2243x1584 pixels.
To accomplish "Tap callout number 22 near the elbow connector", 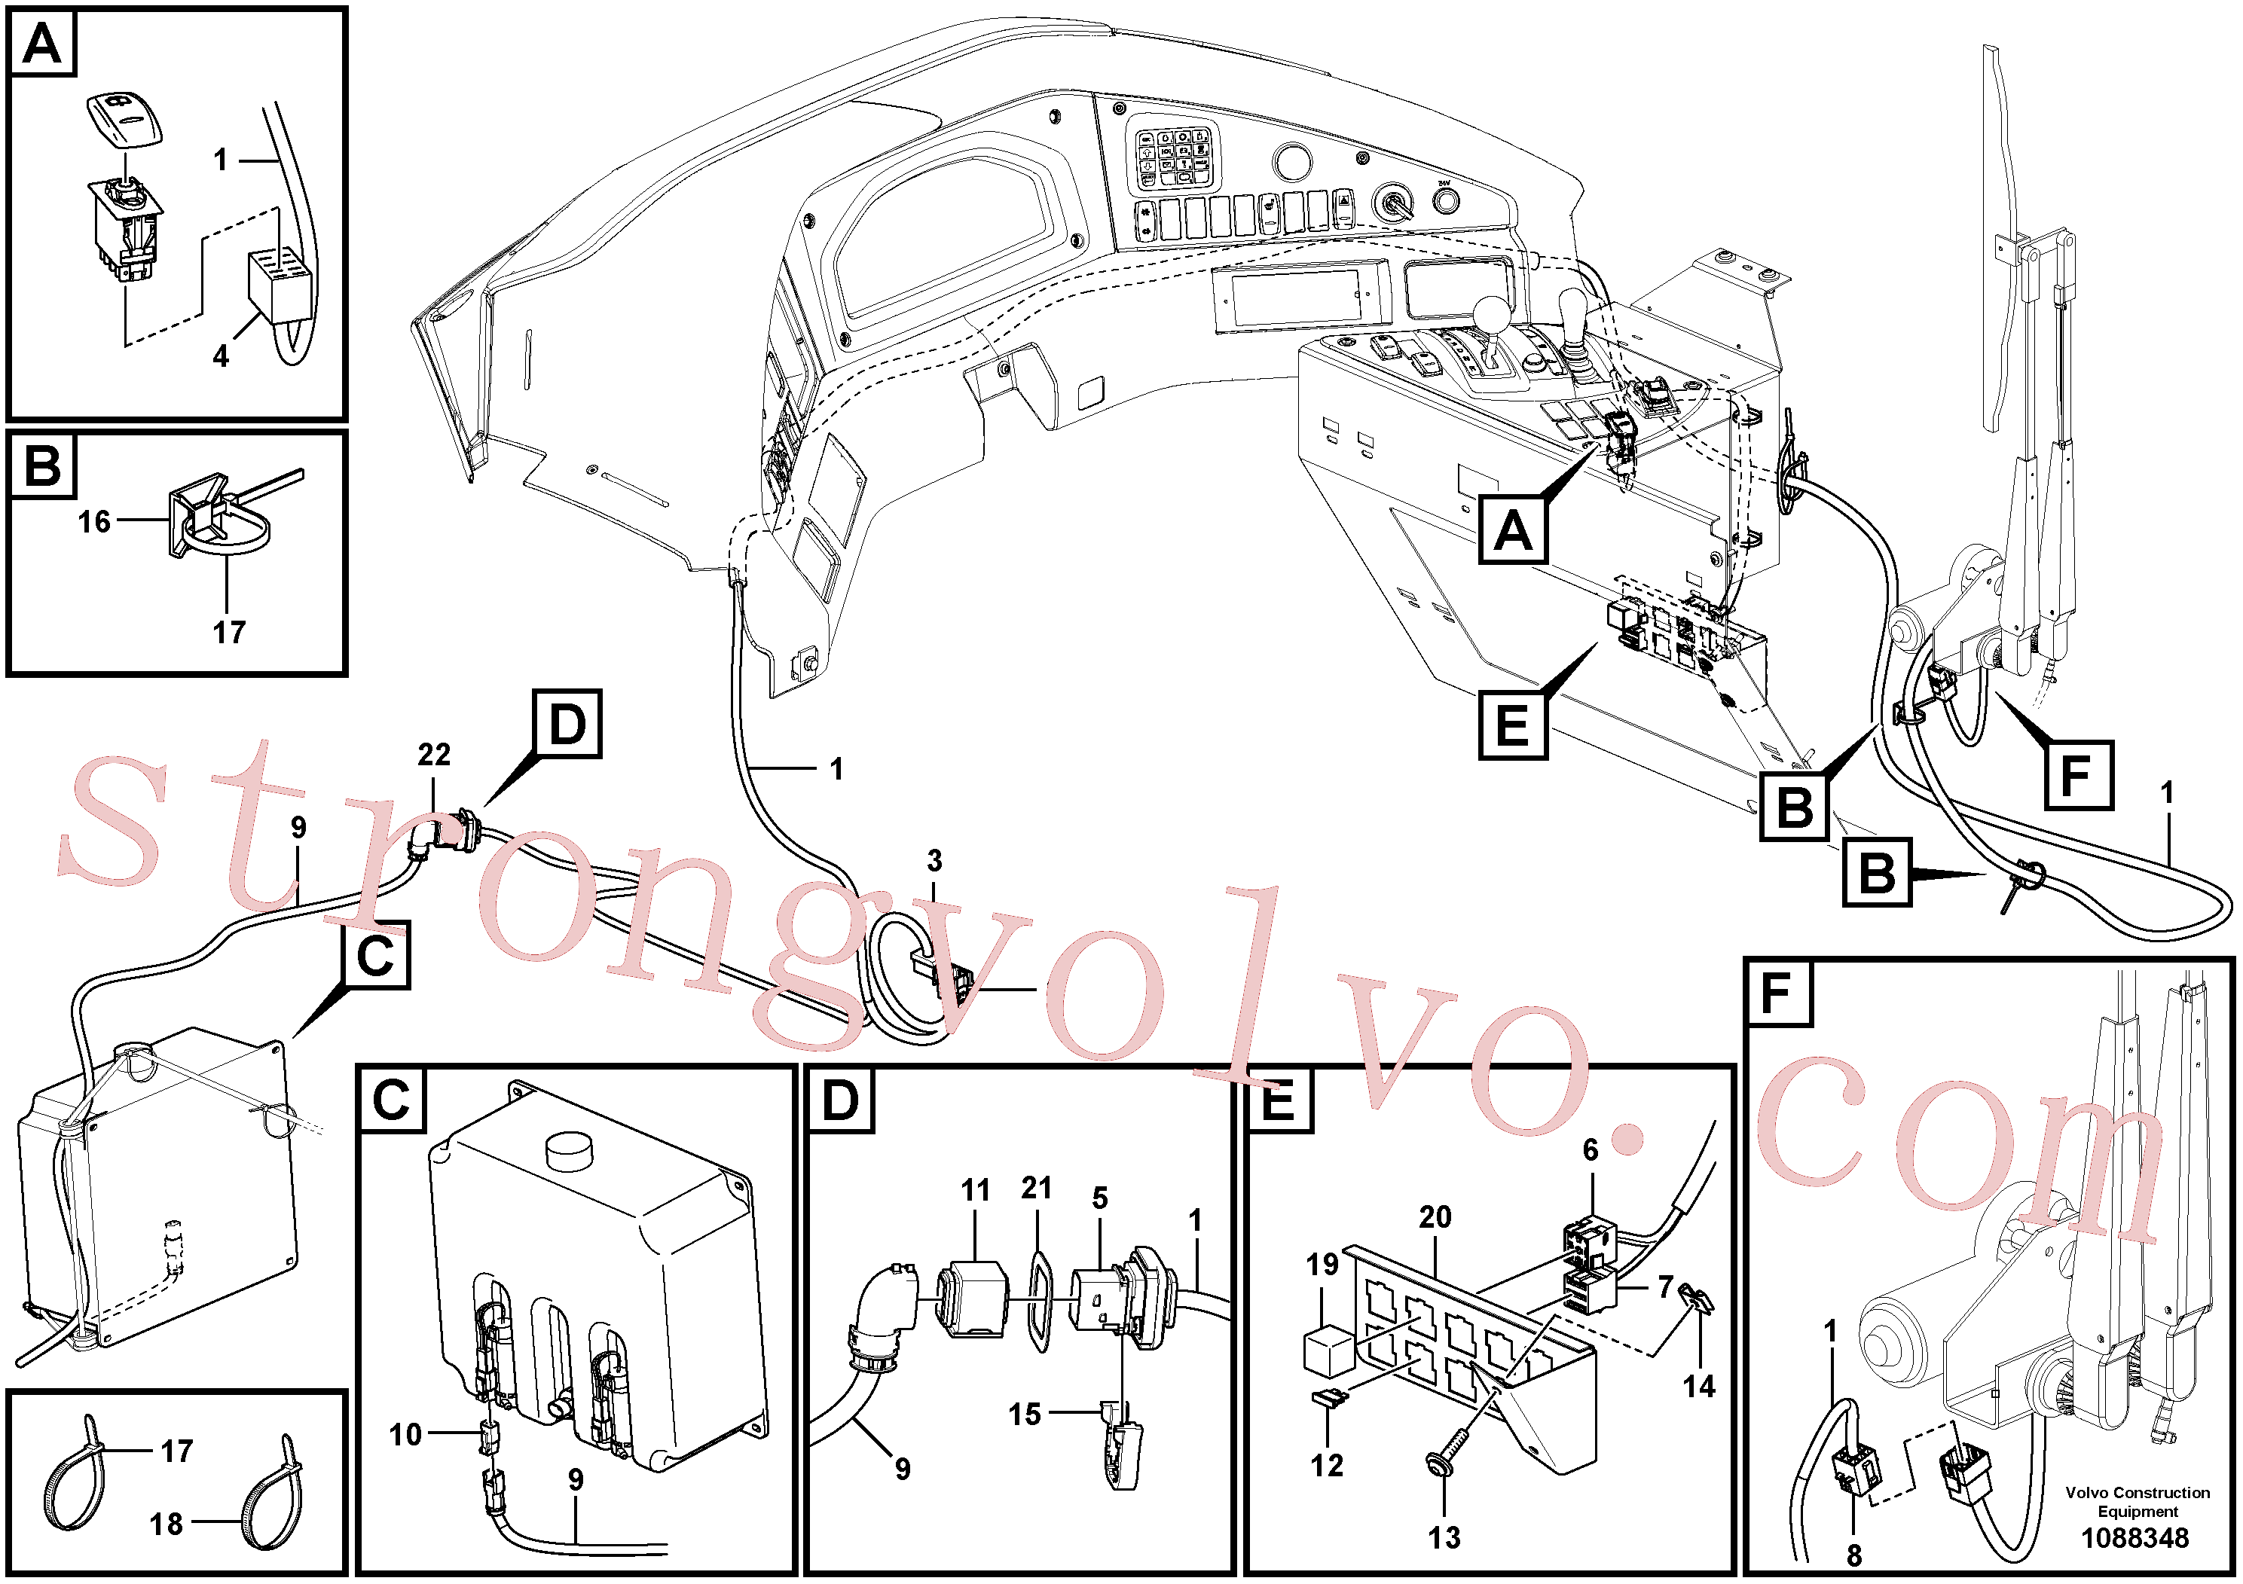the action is (434, 754).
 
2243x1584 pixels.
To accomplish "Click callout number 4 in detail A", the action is (221, 356).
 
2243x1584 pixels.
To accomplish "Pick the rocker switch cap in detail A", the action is (125, 119).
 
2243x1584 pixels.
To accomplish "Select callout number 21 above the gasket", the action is (1037, 1188).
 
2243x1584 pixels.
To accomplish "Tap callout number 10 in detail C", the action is (405, 1435).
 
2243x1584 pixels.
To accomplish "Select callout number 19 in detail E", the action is (1323, 1265).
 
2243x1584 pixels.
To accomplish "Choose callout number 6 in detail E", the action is (1591, 1150).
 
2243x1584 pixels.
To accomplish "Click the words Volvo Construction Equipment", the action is (2138, 1502).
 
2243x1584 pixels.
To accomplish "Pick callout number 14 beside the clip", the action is (1699, 1386).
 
